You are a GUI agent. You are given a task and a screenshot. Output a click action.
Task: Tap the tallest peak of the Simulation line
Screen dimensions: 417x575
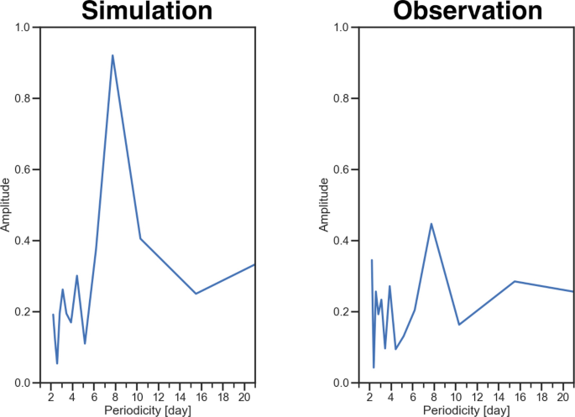112,55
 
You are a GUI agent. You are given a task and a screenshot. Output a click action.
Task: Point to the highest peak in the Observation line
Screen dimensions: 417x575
431,224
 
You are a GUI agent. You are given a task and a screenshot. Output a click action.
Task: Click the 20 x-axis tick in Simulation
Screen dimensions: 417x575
243,397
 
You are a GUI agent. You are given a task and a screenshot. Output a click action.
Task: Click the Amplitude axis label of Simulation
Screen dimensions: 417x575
7,205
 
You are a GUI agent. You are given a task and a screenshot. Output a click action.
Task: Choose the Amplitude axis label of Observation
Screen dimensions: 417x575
325,205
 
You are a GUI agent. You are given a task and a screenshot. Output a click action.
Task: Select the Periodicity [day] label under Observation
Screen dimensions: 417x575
467,411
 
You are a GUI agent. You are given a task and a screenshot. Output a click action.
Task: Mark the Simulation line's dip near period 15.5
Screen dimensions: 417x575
196,294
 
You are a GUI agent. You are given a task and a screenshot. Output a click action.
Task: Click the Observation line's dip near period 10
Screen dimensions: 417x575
459,325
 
